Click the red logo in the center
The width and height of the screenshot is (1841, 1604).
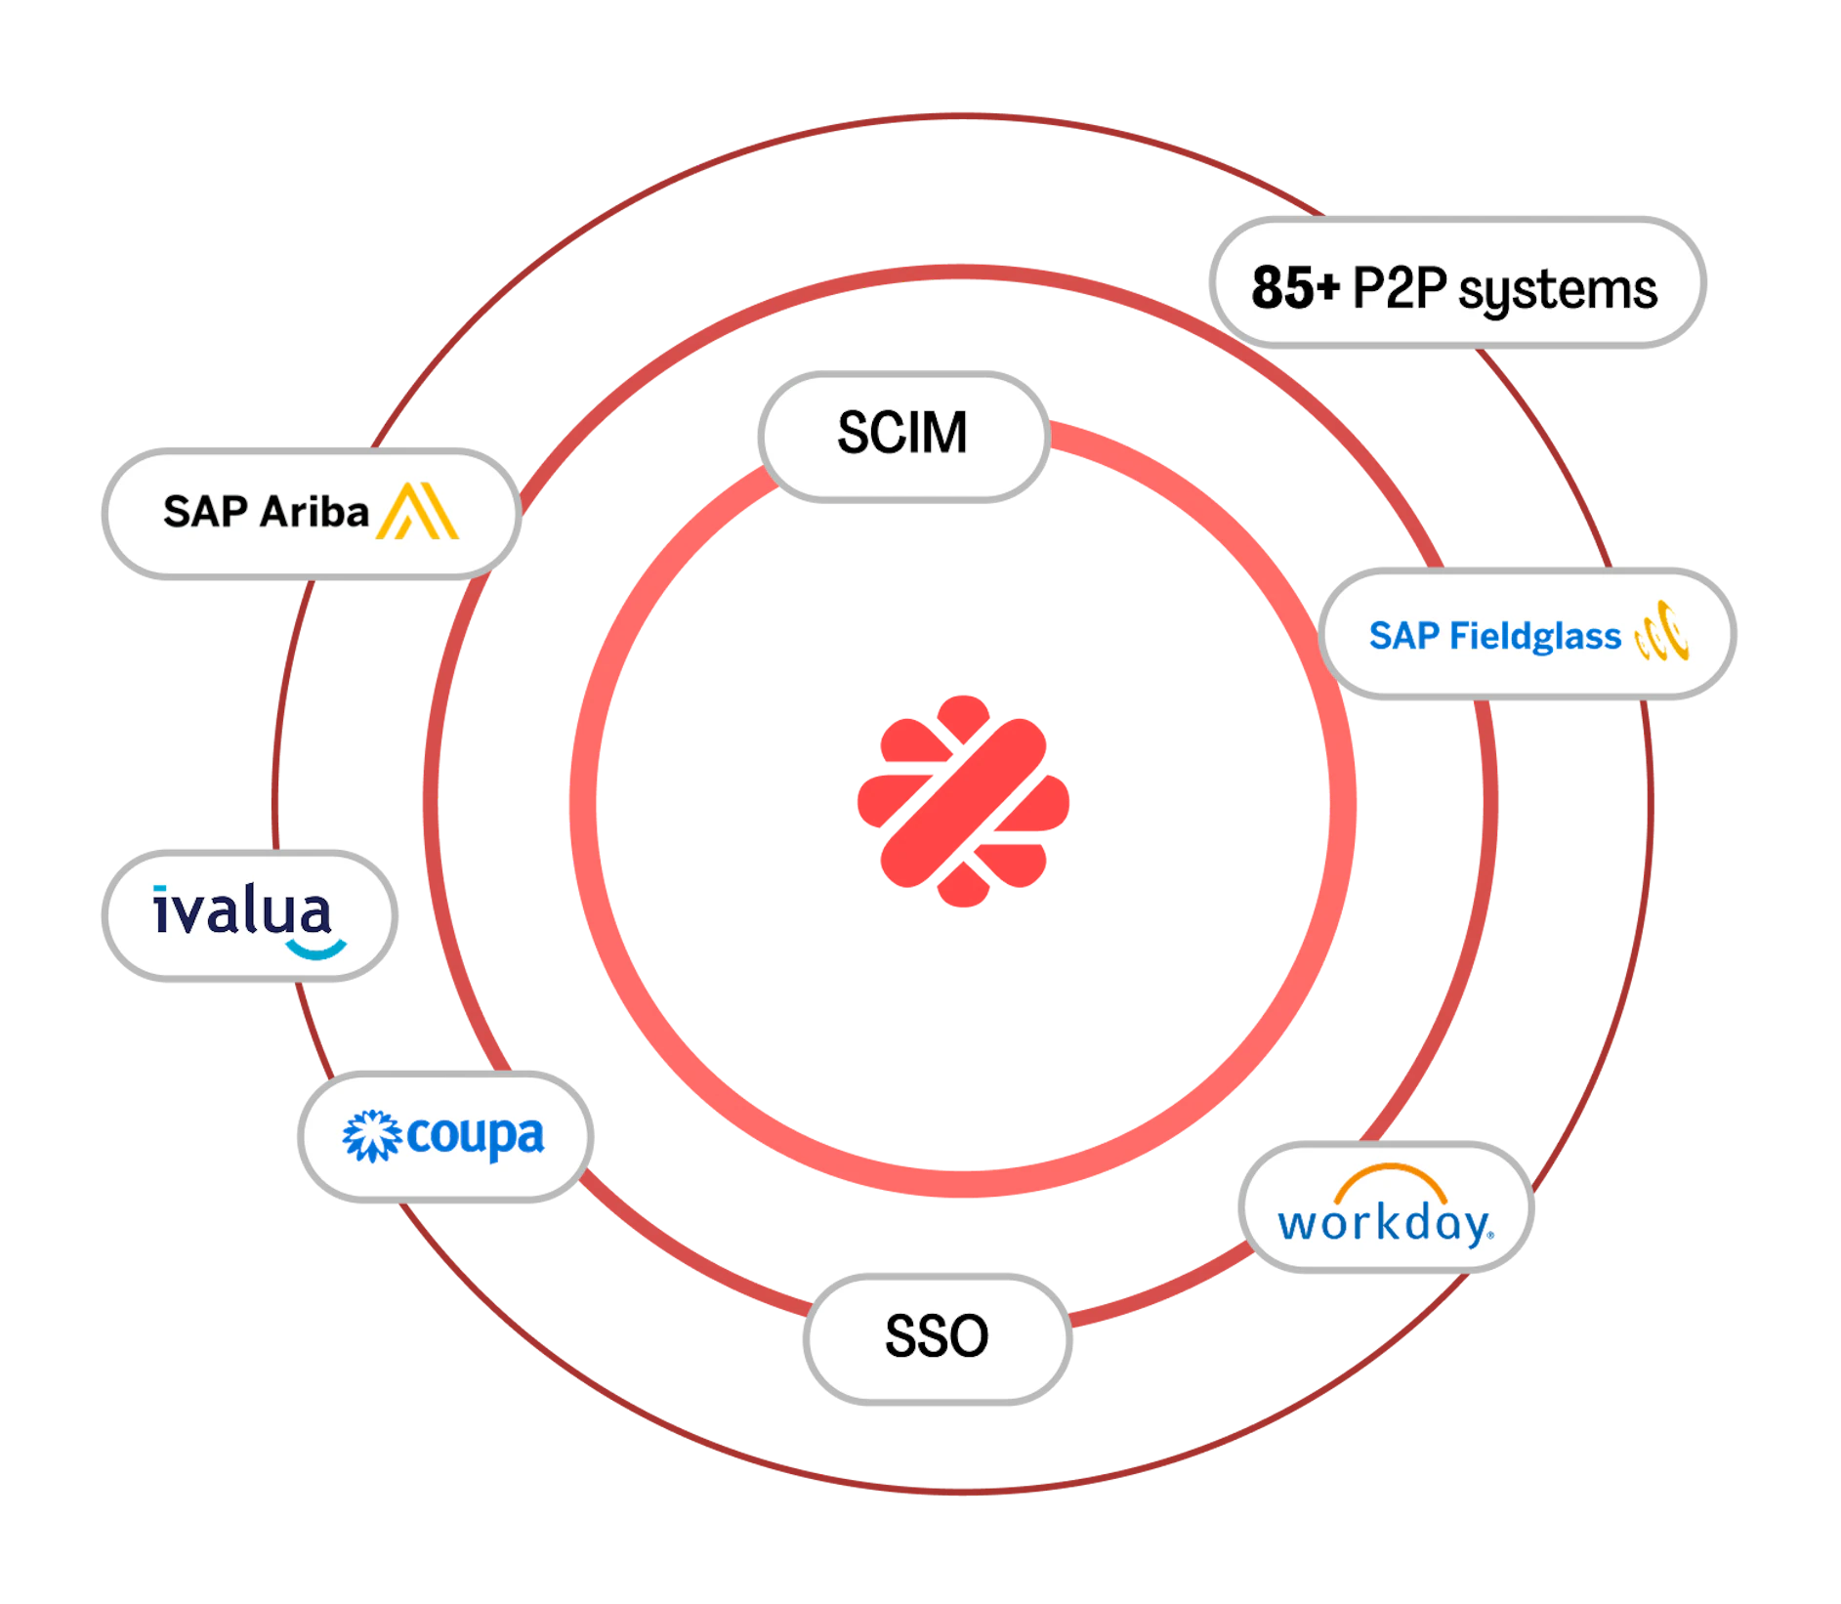click(x=963, y=801)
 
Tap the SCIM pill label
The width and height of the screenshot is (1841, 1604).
click(x=903, y=437)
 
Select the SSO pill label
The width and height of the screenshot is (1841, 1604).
click(x=938, y=1338)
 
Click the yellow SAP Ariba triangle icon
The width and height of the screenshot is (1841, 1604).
click(x=418, y=511)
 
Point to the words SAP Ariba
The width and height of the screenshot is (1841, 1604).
click(x=266, y=512)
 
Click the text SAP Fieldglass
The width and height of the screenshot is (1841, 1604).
click(x=1494, y=636)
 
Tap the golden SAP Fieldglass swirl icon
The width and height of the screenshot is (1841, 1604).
click(x=1662, y=631)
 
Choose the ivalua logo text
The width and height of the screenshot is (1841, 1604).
click(x=242, y=910)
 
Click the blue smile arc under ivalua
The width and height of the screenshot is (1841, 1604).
click(x=316, y=950)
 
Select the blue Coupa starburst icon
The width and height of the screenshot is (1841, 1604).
click(x=372, y=1136)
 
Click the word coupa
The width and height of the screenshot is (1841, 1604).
click(x=475, y=1137)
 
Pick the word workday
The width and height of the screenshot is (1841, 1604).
click(x=1385, y=1223)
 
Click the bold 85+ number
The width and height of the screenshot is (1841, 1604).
click(x=1296, y=288)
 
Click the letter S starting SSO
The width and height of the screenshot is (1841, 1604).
click(x=901, y=1336)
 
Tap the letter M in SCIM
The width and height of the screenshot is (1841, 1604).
click(x=945, y=433)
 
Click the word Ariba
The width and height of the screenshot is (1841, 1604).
click(x=314, y=512)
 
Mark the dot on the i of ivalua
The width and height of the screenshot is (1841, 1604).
click(x=159, y=890)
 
